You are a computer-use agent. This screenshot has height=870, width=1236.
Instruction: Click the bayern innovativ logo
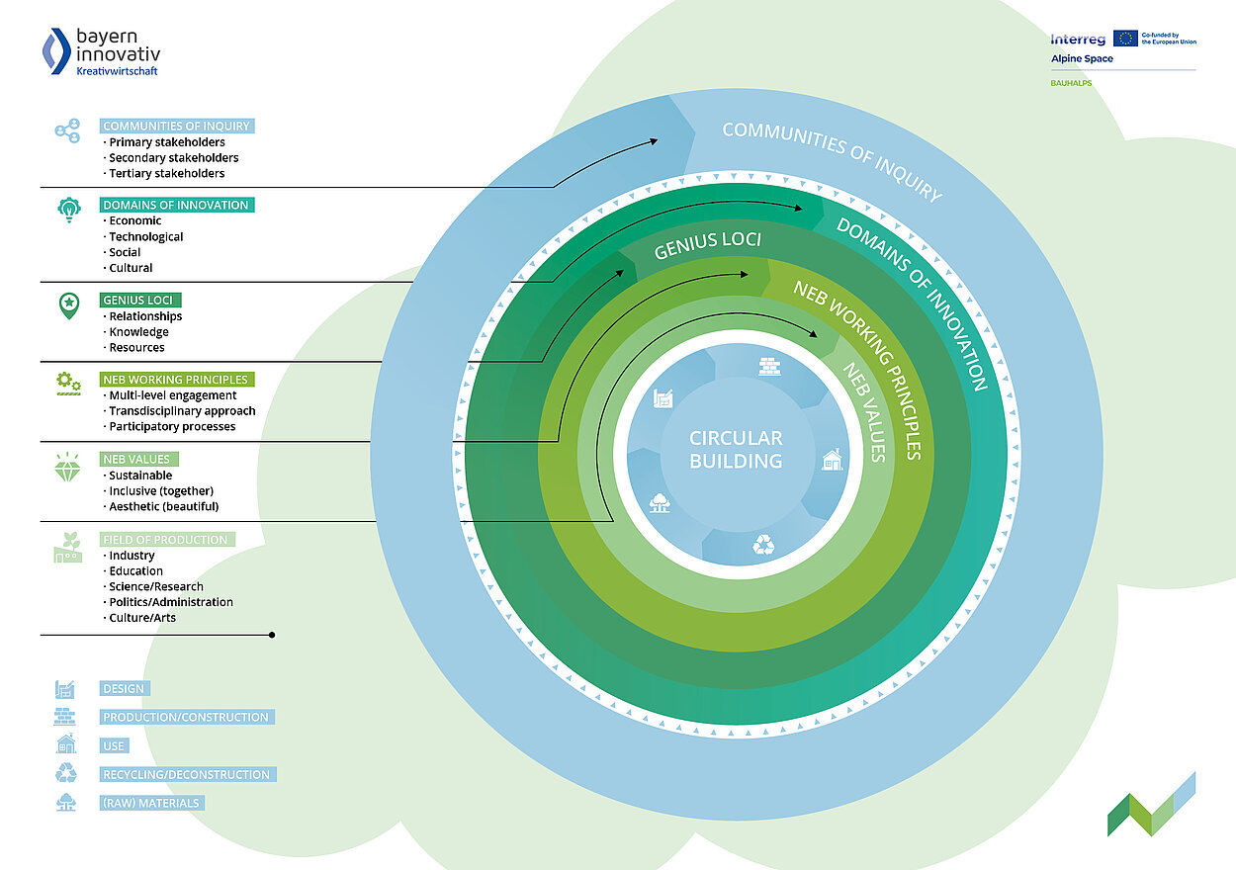coord(100,51)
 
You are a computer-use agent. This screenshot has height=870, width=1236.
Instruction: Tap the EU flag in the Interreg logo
coord(1124,39)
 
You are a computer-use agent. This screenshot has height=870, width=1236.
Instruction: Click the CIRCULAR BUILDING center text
coord(735,450)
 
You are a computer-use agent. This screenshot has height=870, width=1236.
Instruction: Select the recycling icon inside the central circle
coord(764,544)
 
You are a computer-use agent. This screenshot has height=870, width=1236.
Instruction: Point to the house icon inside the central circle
coord(833,459)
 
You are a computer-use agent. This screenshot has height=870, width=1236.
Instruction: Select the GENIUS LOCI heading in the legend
coord(141,300)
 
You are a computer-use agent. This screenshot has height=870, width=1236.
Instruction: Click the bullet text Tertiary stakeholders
coord(166,173)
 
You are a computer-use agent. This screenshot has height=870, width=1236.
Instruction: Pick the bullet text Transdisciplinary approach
coord(182,410)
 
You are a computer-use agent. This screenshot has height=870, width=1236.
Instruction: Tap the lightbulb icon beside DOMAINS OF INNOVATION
coord(68,211)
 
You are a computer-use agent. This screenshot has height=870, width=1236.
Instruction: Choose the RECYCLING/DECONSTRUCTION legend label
coord(186,774)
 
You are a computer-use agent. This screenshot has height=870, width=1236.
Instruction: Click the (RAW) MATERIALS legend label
coord(150,803)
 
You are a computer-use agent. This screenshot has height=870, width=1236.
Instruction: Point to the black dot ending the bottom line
coord(272,635)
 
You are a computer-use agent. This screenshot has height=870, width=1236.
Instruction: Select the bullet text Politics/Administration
coord(171,601)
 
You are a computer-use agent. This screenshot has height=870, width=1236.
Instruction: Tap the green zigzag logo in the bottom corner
coord(1151,804)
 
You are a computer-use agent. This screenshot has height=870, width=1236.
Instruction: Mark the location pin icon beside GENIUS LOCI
coord(67,305)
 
